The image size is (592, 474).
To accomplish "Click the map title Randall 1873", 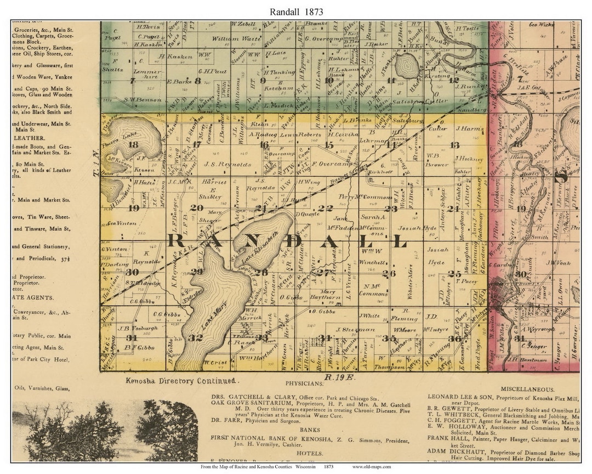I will pyautogui.click(x=296, y=11).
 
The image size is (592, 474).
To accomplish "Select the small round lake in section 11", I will pyautogui.click(x=407, y=66).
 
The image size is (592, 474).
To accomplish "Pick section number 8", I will pyautogui.click(x=197, y=80).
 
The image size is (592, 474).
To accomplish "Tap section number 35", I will pyautogui.click(x=393, y=338).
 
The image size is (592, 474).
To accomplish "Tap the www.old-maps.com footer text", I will pyautogui.click(x=372, y=467).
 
